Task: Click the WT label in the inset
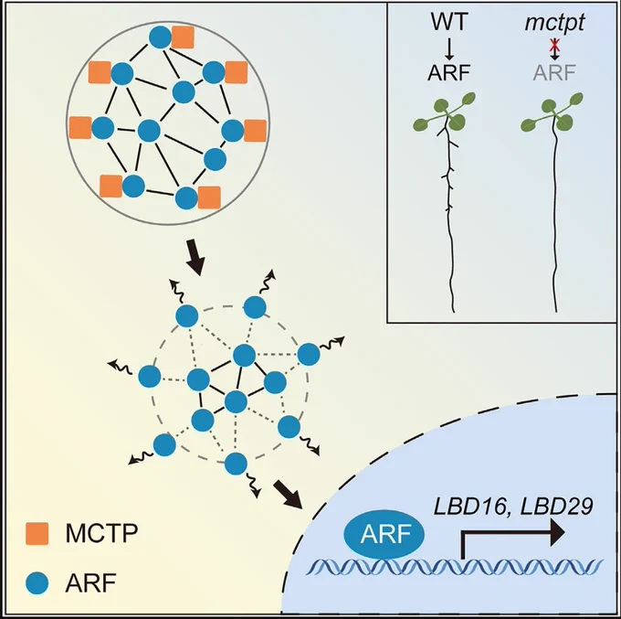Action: [x=449, y=22]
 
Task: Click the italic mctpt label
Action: [x=554, y=23]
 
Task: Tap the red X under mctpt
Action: [x=554, y=46]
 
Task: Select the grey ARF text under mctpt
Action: [x=554, y=72]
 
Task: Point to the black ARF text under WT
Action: [x=448, y=72]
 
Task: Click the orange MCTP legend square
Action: [x=37, y=533]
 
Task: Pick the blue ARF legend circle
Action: [x=37, y=583]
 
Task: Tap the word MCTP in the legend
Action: [x=101, y=533]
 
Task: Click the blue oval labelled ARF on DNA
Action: [x=384, y=534]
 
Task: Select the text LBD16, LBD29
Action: [x=513, y=507]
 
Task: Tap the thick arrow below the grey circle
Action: [x=195, y=257]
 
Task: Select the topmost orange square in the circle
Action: [x=183, y=37]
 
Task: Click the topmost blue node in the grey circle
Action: [x=160, y=37]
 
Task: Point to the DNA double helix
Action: [x=456, y=568]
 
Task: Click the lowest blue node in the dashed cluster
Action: [x=236, y=464]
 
